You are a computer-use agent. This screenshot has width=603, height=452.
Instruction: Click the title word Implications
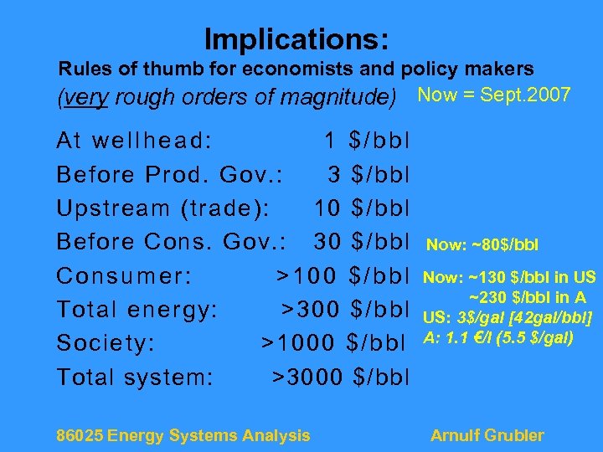click(x=296, y=39)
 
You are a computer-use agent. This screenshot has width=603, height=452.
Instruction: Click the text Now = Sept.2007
click(x=493, y=95)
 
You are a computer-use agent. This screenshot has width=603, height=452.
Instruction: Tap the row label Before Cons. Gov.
click(x=172, y=241)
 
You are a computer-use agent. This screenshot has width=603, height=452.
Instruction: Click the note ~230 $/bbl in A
click(x=527, y=297)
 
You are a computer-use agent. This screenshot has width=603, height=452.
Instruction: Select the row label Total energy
click(x=137, y=310)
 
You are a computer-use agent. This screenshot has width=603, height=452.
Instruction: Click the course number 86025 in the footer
click(x=80, y=435)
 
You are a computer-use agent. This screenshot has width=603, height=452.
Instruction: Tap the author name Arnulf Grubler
click(x=487, y=435)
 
